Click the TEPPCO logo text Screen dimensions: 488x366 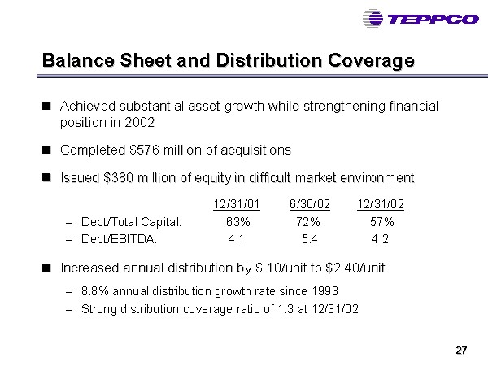coord(434,20)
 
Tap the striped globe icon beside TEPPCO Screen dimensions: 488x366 coord(373,19)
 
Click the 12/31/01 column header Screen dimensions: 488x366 coord(237,204)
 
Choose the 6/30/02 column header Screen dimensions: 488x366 coord(310,204)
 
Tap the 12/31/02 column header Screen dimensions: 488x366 coord(381,204)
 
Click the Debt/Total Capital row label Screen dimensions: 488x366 coord(131,222)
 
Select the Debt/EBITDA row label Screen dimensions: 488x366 coord(120,239)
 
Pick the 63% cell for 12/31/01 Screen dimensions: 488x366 coord(238,222)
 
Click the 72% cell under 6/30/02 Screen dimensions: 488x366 coord(308,222)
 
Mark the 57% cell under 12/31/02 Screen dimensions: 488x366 coord(382,222)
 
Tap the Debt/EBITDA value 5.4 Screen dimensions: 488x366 coord(310,239)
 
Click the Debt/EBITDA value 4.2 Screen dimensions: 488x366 coord(380,239)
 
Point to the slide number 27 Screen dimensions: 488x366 coord(461,351)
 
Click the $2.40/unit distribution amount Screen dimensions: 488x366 coord(355,268)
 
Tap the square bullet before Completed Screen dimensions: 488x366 coord(46,150)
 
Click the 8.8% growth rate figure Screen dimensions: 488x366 coord(95,291)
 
